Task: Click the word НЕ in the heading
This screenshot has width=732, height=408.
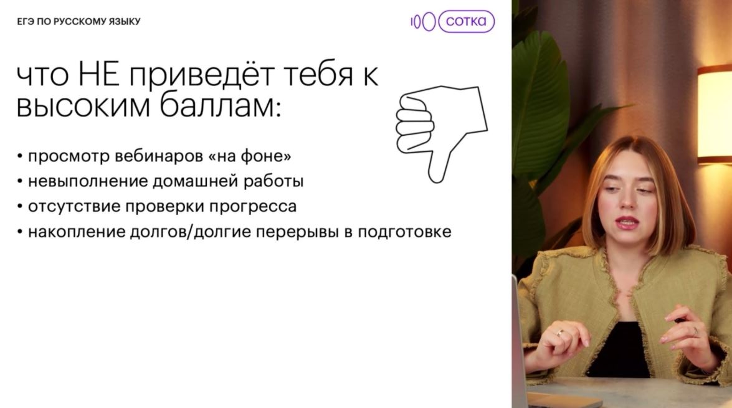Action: (98, 75)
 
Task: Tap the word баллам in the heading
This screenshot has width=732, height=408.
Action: (220, 106)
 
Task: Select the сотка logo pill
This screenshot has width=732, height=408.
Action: (467, 21)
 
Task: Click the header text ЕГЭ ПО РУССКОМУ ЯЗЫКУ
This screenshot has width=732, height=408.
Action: (79, 21)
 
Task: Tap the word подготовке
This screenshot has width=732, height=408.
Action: (405, 232)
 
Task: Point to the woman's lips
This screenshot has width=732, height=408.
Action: (627, 222)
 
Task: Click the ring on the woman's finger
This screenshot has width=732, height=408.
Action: (559, 333)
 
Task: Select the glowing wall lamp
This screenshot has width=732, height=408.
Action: (715, 115)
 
